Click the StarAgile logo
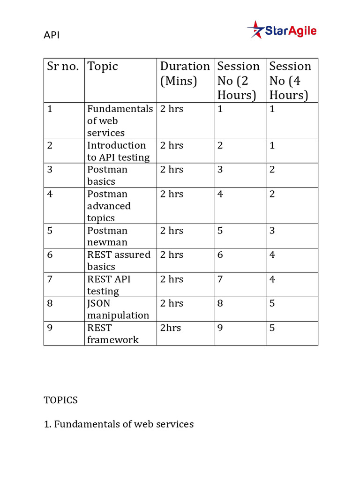tap(282, 30)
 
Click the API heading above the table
tap(52, 35)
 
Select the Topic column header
tap(103, 67)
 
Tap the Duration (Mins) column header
tap(185, 74)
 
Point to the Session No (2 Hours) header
tap(238, 81)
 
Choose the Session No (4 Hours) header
tap(290, 81)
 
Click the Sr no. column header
tap(63, 67)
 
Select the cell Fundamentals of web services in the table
tap(120, 121)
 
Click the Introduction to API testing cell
tap(118, 151)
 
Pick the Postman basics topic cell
tap(107, 175)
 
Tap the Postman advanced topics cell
tap(109, 206)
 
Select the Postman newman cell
tap(107, 236)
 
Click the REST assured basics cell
tap(119, 261)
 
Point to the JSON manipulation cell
tap(118, 309)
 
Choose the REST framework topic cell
tap(112, 334)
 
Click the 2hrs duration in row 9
tap(171, 328)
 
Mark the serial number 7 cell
tap(50, 279)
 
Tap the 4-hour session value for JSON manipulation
tap(272, 304)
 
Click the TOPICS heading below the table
tap(60, 400)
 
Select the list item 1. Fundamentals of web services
tap(119, 424)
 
